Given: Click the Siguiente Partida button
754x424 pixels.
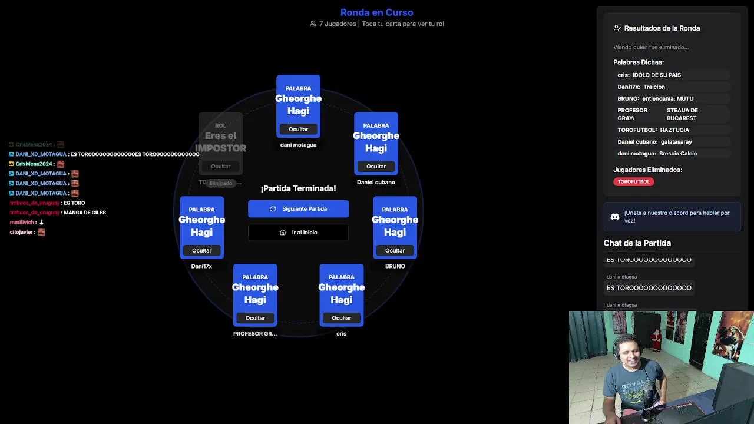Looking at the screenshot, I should point(298,209).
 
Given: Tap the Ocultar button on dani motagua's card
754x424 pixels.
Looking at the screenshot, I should point(298,129).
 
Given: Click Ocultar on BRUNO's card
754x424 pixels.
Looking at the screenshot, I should point(395,250).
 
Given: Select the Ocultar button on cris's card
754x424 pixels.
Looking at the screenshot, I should point(341,318).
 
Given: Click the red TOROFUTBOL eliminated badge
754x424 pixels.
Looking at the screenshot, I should point(633,182).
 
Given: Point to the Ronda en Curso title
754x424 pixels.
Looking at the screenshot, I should point(376,12).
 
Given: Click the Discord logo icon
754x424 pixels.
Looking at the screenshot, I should point(614,217).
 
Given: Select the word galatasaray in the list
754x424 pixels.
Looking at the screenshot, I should point(676,142).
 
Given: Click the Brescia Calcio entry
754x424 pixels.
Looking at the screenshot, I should point(677,154).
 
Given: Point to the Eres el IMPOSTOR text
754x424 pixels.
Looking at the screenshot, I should point(220,142).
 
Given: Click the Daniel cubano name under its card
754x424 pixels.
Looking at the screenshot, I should point(376,183).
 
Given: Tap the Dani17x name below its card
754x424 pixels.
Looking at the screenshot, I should point(201,266).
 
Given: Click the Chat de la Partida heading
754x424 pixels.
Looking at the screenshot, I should point(637,243).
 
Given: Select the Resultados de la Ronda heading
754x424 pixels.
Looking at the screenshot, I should point(662,28).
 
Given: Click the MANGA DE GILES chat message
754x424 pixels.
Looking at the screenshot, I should point(85,213).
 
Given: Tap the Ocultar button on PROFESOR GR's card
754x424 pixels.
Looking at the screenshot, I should point(255,318).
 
